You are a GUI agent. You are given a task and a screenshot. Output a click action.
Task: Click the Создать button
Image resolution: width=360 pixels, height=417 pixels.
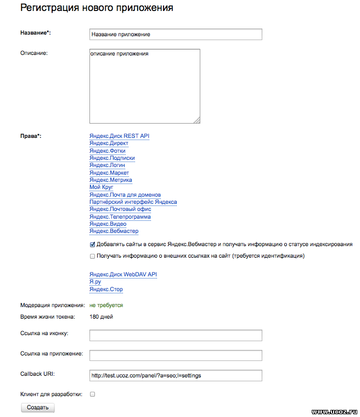tap(38, 408)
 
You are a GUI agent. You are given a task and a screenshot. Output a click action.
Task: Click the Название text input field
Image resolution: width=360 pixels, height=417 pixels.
tap(176, 34)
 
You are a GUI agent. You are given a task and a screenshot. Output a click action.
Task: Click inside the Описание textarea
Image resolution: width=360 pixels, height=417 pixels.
tap(144, 86)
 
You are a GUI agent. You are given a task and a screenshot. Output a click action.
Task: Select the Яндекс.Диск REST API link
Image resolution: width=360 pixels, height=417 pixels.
tap(119, 136)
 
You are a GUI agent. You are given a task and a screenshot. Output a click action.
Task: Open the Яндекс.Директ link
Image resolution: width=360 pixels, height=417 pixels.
tap(109, 143)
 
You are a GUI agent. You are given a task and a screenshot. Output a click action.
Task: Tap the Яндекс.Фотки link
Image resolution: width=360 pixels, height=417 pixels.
tap(108, 151)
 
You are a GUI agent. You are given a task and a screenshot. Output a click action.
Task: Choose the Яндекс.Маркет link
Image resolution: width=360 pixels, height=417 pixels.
tap(109, 173)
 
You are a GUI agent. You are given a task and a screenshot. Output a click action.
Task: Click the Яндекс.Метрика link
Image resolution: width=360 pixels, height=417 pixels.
tap(110, 180)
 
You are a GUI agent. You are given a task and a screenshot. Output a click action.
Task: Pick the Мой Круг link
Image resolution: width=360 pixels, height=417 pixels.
tap(101, 187)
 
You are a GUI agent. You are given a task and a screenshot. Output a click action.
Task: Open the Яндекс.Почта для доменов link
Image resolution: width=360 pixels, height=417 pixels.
tap(125, 195)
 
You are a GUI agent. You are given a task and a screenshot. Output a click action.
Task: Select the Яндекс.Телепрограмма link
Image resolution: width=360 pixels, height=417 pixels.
tap(120, 217)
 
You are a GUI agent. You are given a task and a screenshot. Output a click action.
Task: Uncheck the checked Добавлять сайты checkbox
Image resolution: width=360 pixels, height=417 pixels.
tap(92, 244)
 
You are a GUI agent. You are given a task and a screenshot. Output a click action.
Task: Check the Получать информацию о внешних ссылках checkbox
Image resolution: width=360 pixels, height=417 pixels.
tap(92, 256)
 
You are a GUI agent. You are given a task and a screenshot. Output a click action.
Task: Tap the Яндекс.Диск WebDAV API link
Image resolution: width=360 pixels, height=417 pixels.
tap(123, 274)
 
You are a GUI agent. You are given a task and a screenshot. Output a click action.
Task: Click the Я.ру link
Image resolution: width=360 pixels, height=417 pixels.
tap(95, 282)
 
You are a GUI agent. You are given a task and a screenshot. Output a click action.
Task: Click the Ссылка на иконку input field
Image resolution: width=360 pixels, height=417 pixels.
tap(176, 335)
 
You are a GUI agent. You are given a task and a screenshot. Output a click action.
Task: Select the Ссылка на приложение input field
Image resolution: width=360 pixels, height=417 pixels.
tap(176, 355)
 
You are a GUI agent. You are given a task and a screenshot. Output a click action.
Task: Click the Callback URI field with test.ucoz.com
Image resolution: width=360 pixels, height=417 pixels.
tap(176, 375)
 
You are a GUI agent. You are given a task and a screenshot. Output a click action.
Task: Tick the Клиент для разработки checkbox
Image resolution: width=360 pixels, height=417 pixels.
tap(92, 394)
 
